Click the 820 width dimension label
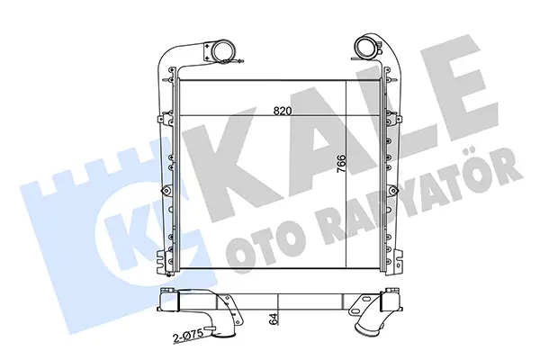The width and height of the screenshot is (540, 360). (283, 111)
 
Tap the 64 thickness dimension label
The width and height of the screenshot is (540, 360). (274, 319)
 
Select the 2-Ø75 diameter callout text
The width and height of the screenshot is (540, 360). (189, 335)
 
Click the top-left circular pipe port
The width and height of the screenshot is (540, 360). (222, 50)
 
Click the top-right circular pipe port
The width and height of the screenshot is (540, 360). (365, 48)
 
